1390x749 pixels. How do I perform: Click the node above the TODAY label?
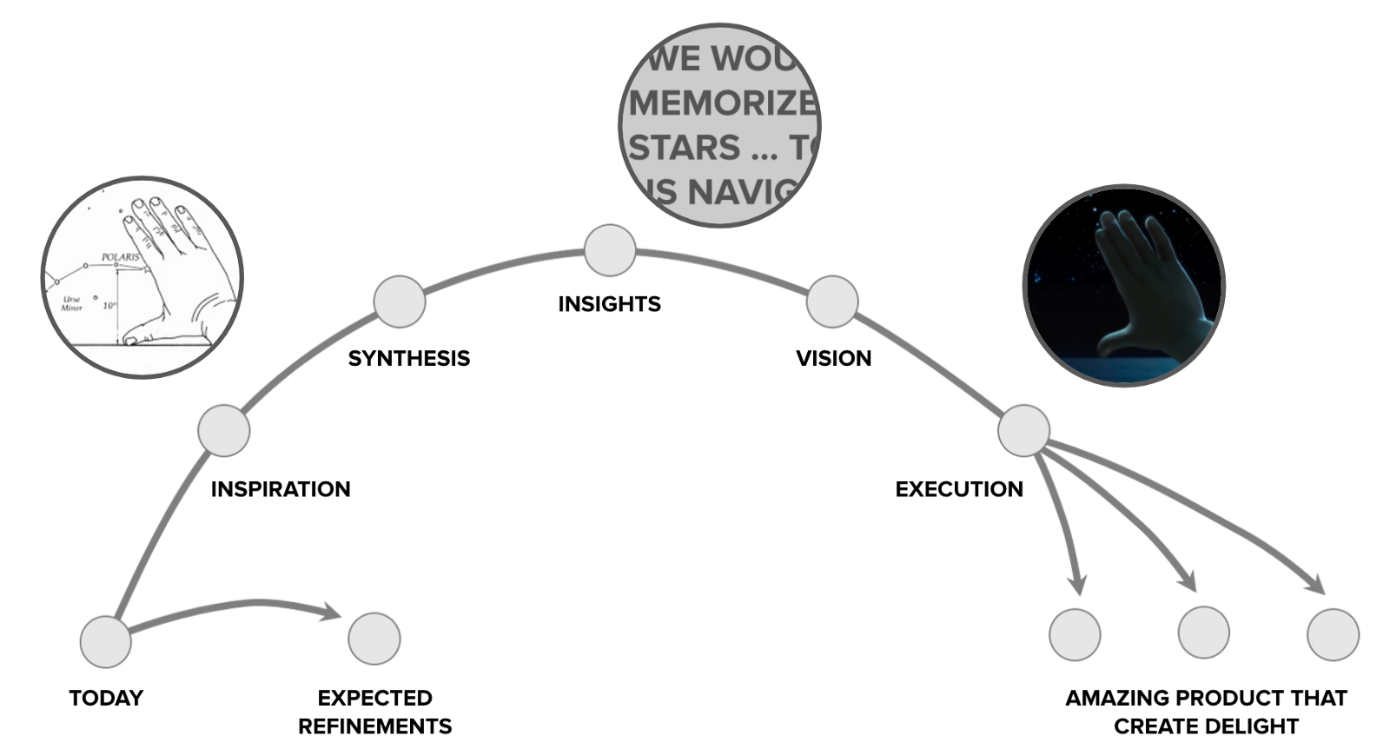pos(105,642)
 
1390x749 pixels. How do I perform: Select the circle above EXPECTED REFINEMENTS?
pos(374,639)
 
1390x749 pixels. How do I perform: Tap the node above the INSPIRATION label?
pos(224,430)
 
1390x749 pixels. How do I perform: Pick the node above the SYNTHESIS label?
pos(400,302)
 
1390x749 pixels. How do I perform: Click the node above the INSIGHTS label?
pos(610,250)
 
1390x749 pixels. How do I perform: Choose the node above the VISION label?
pos(832,302)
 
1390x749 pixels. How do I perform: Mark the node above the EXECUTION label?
pos(1023,430)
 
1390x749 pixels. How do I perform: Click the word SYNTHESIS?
pos(408,358)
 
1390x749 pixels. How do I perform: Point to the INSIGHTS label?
pos(609,304)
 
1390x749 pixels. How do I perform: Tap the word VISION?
pos(833,358)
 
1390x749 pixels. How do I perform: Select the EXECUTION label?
pos(959,489)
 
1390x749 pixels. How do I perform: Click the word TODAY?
pos(106,698)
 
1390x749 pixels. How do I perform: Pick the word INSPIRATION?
pos(281,489)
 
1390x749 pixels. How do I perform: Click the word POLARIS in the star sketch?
pos(120,257)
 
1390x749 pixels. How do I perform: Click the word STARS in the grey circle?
pos(685,149)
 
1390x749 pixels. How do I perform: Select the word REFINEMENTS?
pos(374,726)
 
